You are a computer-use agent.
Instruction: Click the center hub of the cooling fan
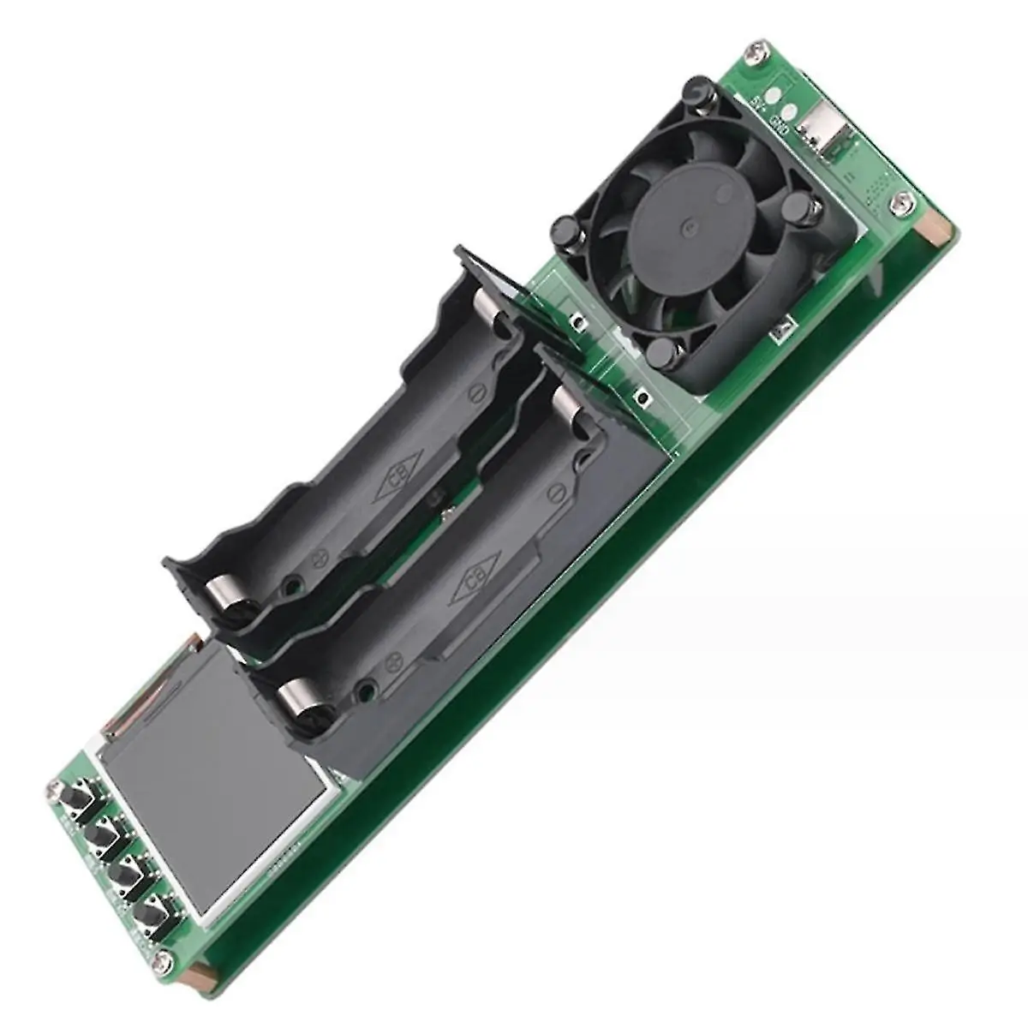coord(690,228)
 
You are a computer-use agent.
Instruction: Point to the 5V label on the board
coord(757,104)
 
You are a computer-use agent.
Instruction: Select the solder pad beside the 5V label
coord(774,95)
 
